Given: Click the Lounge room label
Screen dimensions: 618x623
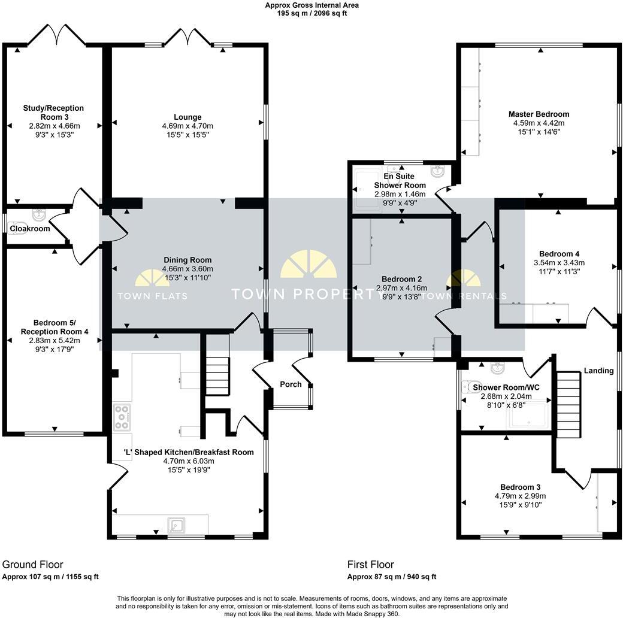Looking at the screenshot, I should [187, 117].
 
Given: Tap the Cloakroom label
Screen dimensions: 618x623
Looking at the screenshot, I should [29, 228].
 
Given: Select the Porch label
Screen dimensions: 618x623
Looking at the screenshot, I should [291, 384].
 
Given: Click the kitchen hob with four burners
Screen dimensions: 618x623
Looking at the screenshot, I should [122, 417].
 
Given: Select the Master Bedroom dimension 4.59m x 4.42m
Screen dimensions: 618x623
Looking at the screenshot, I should [539, 123].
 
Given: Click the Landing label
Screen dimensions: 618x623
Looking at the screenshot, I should [599, 371].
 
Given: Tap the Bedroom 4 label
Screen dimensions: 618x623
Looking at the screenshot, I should [559, 254].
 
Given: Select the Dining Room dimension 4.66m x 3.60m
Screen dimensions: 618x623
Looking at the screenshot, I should [187, 269].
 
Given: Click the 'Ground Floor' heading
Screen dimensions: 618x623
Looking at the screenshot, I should [32, 564].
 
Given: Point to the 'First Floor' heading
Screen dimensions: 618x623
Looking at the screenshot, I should [370, 564].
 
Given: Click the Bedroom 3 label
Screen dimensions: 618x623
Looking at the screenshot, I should [520, 487].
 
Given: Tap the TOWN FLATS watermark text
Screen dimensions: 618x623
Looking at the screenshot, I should [152, 296].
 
